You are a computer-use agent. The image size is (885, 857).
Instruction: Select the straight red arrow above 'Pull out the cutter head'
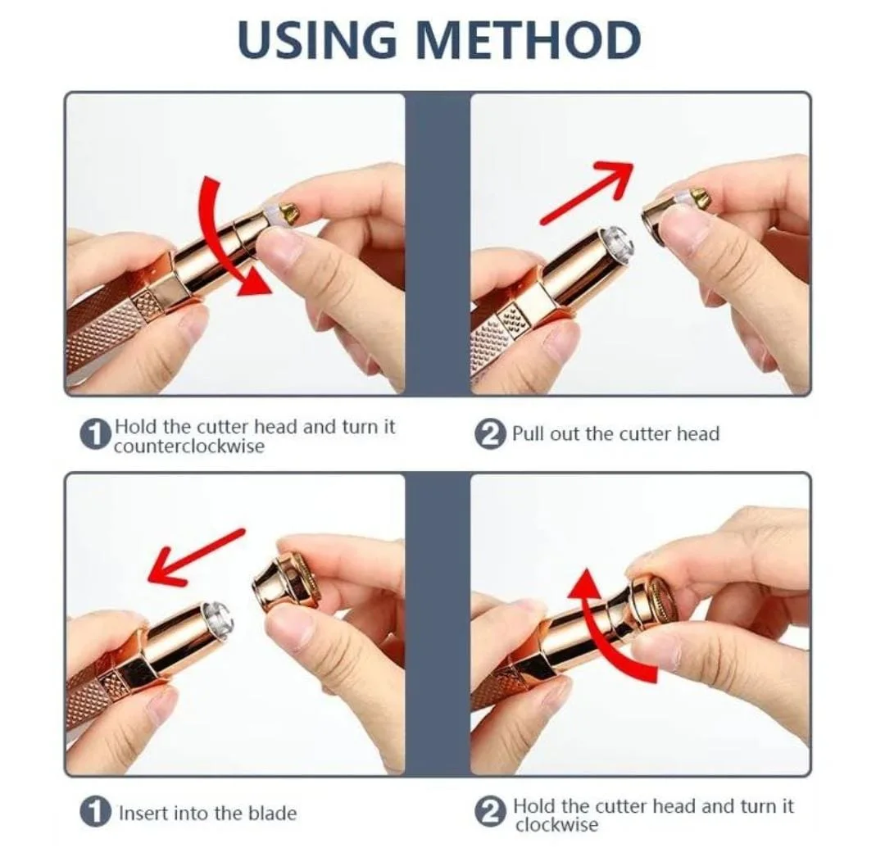[x=588, y=191]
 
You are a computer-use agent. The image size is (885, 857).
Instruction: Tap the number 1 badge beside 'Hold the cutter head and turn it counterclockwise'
[x=97, y=435]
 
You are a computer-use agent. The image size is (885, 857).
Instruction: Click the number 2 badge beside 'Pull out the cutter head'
[x=489, y=434]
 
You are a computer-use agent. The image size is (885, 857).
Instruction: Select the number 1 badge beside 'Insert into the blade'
[x=97, y=813]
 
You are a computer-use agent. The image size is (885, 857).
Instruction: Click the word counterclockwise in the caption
[x=189, y=447]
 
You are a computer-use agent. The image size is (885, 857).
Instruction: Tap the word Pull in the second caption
[x=529, y=434]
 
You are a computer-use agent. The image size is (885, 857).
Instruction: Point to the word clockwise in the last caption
[x=556, y=825]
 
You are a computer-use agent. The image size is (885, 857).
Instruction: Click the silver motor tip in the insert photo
[x=216, y=618]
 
